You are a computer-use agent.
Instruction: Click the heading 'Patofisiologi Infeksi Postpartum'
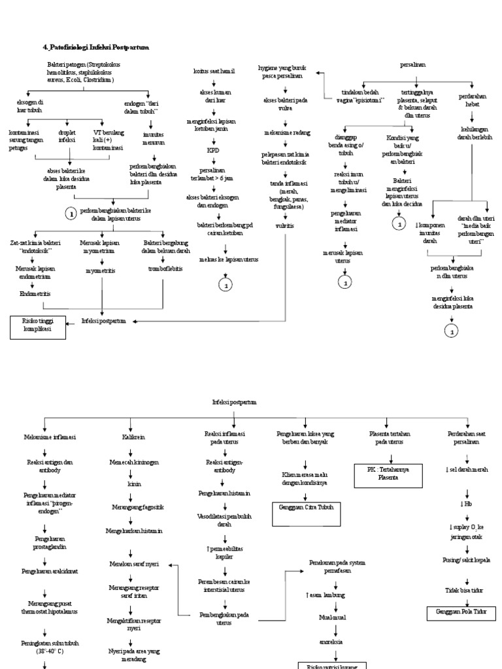coord(96,47)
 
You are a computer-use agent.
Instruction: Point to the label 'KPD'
coord(214,150)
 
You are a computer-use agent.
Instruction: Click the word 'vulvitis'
coord(284,225)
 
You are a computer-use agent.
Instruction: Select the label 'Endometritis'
coord(33,294)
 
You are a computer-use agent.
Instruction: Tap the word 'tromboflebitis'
coord(165,269)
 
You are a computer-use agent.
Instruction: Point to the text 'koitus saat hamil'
coord(214,70)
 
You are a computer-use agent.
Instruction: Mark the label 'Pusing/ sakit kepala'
coord(466,560)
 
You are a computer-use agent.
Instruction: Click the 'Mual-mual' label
coord(336,616)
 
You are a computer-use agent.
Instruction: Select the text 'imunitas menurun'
coord(154,137)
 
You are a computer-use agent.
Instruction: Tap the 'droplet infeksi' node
coord(67,136)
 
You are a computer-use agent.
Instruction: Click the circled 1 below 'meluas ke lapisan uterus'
coord(226,285)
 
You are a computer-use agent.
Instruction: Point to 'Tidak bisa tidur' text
coord(466,589)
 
